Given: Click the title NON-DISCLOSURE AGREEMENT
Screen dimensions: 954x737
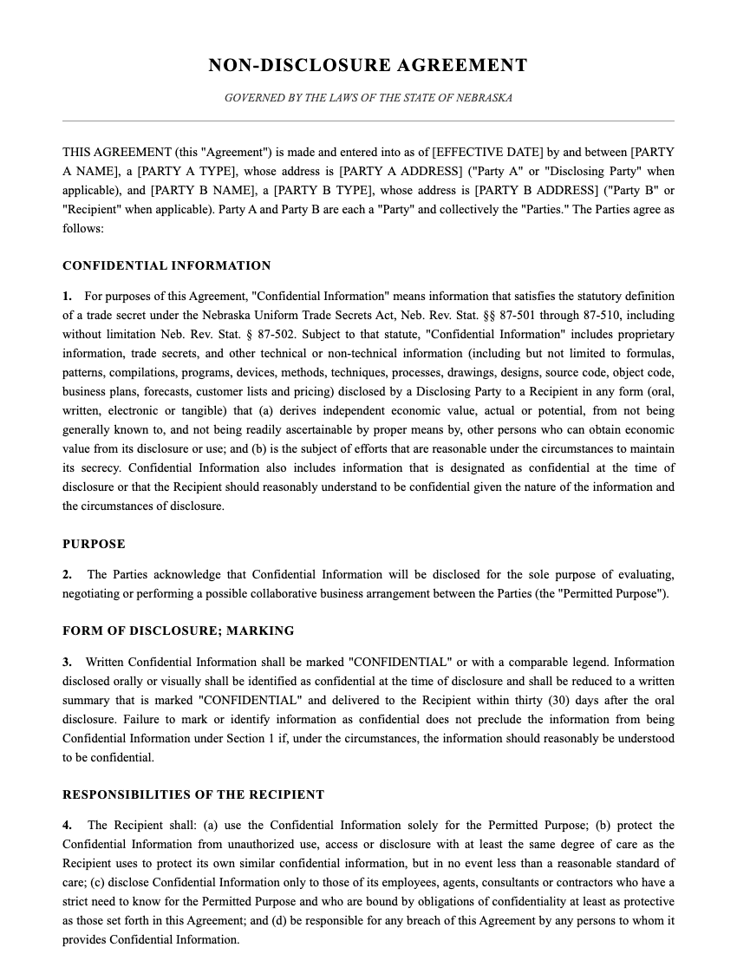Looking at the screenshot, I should coord(368,66).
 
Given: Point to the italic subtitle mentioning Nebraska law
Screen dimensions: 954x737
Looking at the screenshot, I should coord(368,98).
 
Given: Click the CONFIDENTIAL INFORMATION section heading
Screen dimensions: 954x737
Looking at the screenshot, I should coord(166,266).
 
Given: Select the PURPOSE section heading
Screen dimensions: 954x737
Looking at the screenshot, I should coord(94,545).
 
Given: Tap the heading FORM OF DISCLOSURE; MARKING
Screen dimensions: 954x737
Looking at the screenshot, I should coord(178,631).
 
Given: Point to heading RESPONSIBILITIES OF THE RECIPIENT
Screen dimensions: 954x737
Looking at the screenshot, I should coord(193,795).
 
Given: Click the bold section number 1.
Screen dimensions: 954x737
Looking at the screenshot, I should coord(67,297).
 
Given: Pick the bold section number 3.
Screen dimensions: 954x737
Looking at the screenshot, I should coord(67,663).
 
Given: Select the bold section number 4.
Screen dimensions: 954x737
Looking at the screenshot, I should coord(67,826).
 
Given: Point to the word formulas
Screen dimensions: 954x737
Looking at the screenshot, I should coord(651,354).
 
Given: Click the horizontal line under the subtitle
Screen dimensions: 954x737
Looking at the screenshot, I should coord(368,121).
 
